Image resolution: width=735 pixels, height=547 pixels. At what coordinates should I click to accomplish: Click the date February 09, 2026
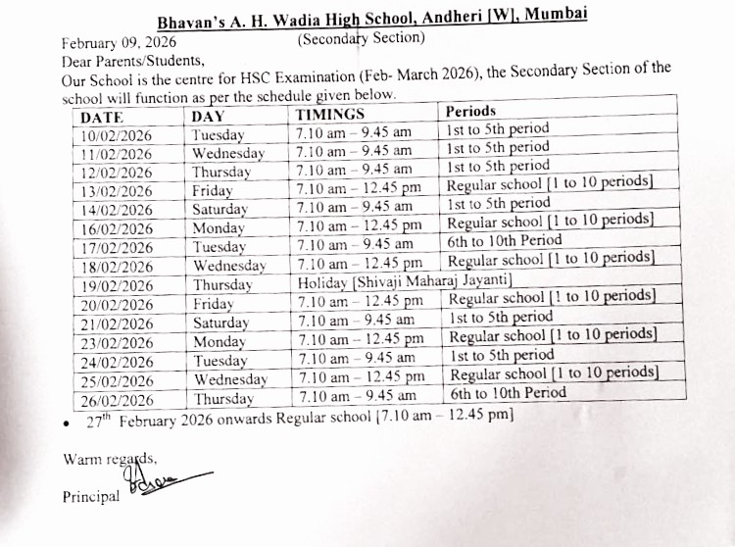point(120,43)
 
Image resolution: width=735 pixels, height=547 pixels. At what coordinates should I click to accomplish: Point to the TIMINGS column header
point(330,115)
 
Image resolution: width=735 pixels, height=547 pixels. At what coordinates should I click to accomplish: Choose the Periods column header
point(471,112)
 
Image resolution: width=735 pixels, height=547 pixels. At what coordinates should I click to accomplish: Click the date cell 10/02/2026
point(118,135)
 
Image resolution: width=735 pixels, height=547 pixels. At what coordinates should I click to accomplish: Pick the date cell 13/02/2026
point(118,191)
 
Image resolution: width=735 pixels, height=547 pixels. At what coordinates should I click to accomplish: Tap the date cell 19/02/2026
point(118,285)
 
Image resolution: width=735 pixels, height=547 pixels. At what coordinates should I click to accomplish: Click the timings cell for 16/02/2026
point(359,226)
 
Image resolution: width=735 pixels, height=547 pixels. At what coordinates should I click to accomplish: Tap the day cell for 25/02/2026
point(230,379)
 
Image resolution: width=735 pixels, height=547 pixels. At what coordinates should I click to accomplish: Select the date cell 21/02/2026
point(118,323)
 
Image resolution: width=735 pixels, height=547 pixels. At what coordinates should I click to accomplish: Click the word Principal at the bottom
point(91,496)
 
